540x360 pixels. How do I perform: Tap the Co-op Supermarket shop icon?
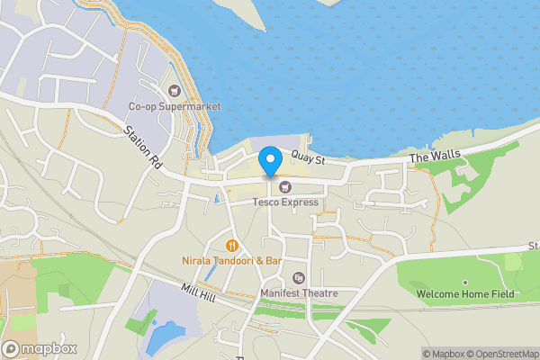pos(175,90)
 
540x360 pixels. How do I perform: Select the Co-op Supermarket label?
pos(175,107)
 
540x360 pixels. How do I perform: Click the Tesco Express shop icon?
pos(285,186)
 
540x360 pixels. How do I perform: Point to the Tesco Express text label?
pos(285,202)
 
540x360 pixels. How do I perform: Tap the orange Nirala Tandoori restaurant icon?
pos(232,245)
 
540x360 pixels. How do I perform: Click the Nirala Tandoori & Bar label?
pos(232,261)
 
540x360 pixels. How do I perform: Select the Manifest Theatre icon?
pos(299,277)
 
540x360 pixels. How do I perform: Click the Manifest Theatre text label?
pos(299,293)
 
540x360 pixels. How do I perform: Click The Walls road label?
pos(435,157)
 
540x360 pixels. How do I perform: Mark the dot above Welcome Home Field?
pos(464,283)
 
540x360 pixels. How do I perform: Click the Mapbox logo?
pos(40,349)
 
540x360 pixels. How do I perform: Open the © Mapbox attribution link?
pos(446,354)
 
